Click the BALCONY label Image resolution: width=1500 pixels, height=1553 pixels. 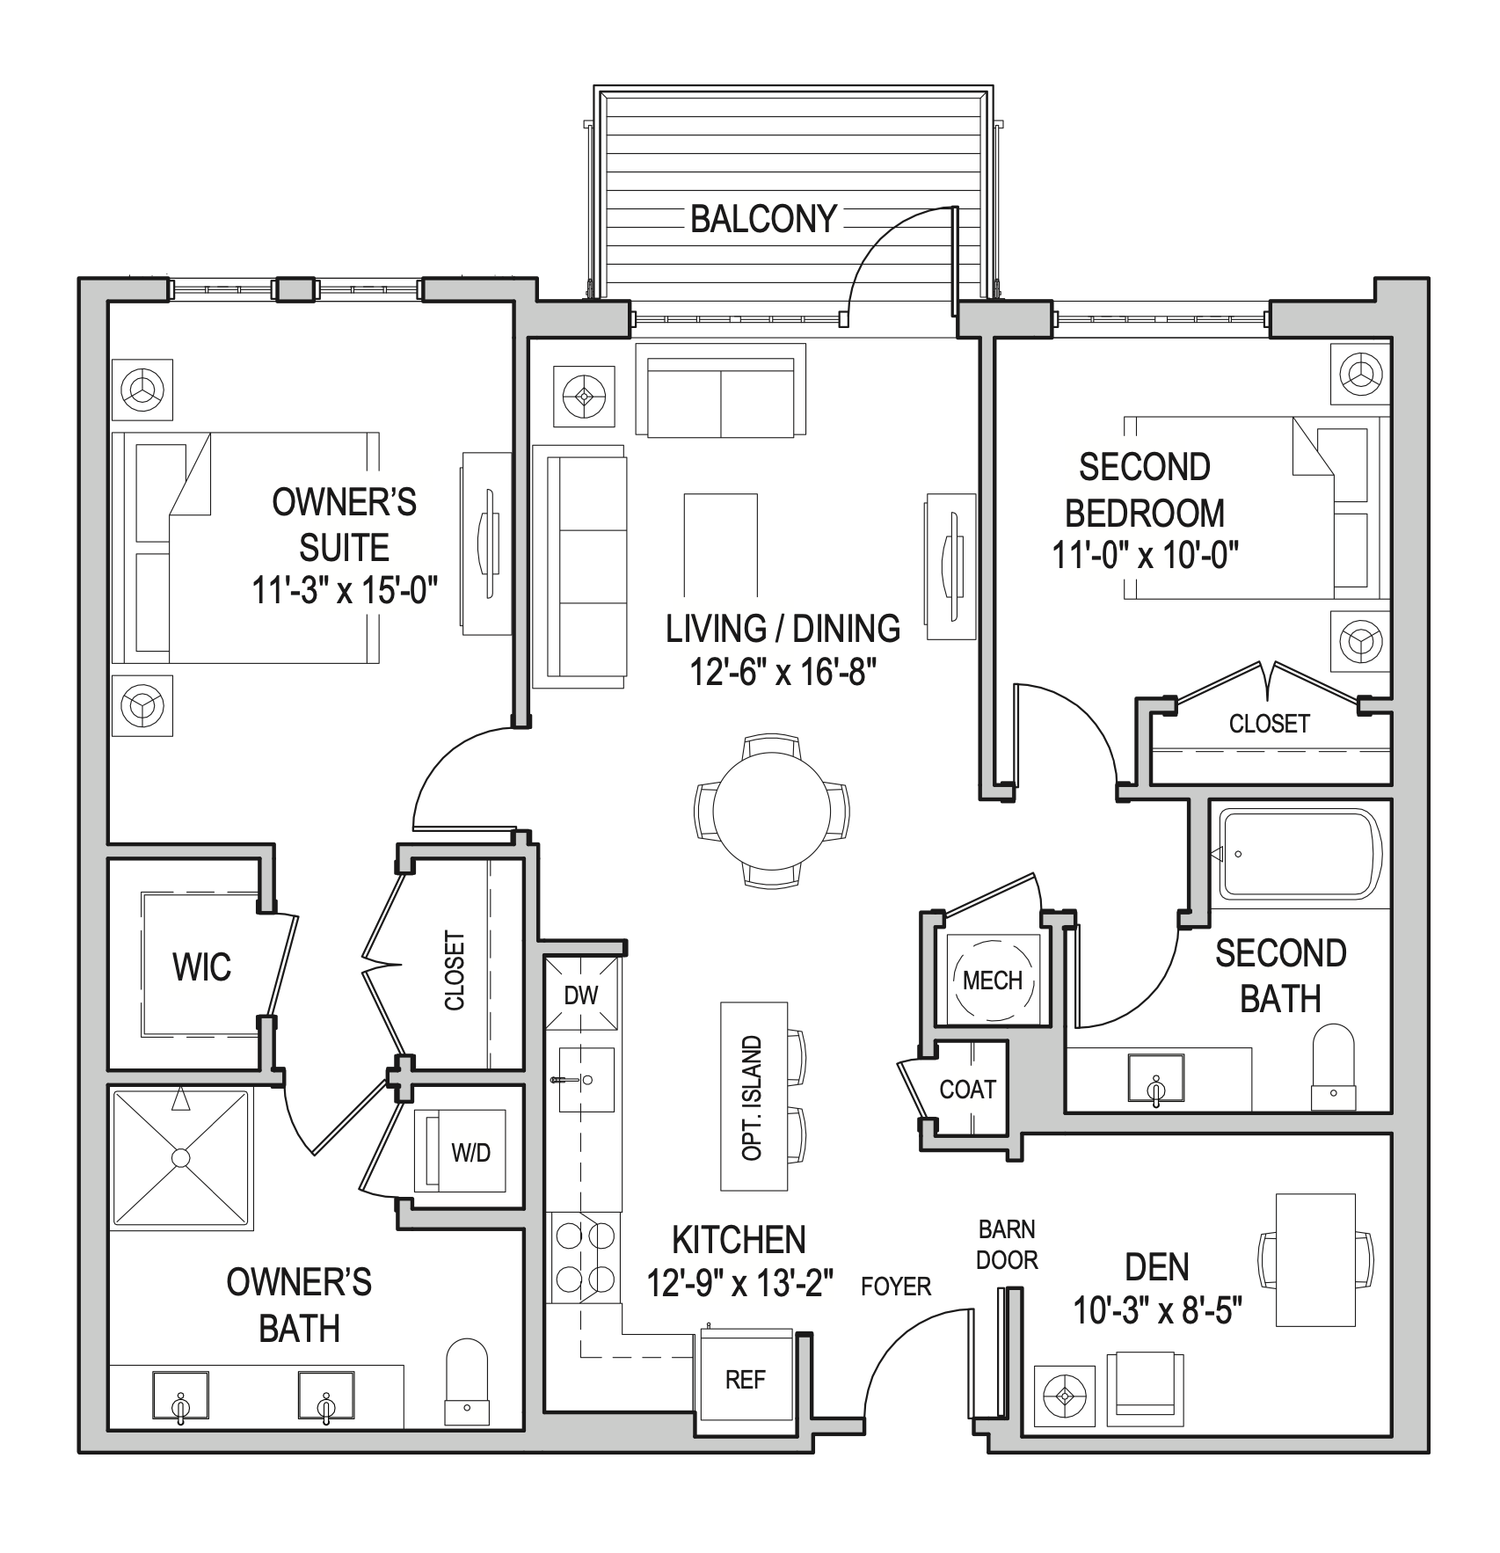pos(762,219)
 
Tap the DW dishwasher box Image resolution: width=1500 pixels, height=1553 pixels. pos(580,995)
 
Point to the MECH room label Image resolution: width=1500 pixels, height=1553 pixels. pos(992,981)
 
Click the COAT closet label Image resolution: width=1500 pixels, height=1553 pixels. pos(967,1090)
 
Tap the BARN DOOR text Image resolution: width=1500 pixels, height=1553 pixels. pos(1007,1244)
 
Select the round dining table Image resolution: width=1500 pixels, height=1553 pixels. pos(771,810)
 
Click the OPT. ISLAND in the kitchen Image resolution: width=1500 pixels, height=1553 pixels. pos(752,1097)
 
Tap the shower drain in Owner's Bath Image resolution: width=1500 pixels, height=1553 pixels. pos(180,1158)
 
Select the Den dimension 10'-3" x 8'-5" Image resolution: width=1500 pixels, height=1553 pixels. pos(1156,1312)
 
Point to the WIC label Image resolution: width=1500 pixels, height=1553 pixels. pos(201,967)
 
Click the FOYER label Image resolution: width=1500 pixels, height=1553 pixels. pos(895,1287)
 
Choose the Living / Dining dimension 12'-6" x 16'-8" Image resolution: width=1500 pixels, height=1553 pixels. pos(783,674)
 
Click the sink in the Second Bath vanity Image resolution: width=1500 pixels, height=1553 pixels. pos(1155,1077)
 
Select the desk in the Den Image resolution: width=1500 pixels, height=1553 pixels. pos(1314,1259)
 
